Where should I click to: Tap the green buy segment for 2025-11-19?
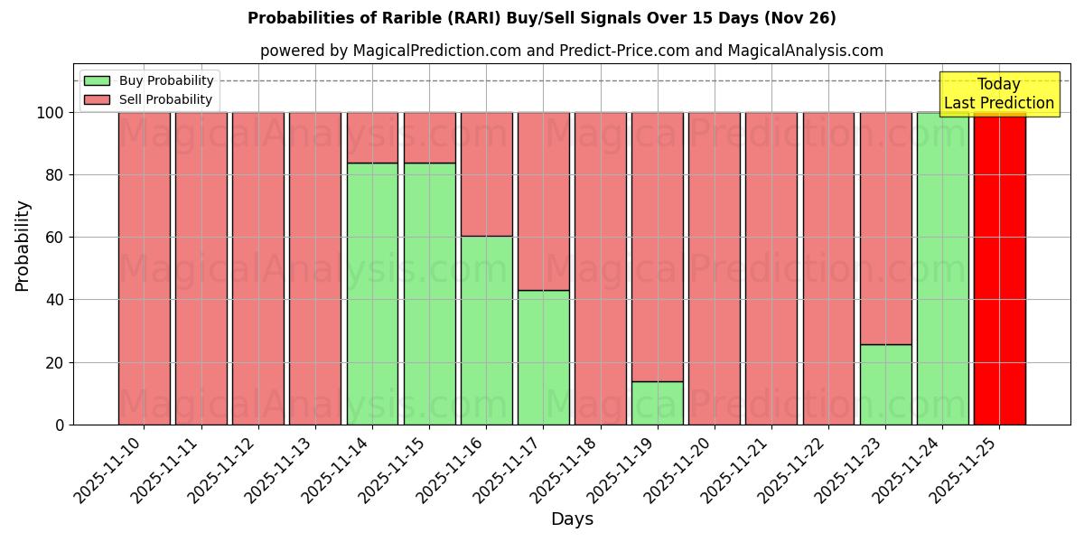tap(657, 403)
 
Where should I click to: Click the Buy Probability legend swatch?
tap(97, 80)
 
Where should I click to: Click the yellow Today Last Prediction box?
tap(998, 94)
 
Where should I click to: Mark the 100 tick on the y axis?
tap(51, 113)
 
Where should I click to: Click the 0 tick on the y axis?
tap(60, 425)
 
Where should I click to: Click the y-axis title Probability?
tap(23, 245)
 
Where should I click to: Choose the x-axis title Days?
tap(572, 519)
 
